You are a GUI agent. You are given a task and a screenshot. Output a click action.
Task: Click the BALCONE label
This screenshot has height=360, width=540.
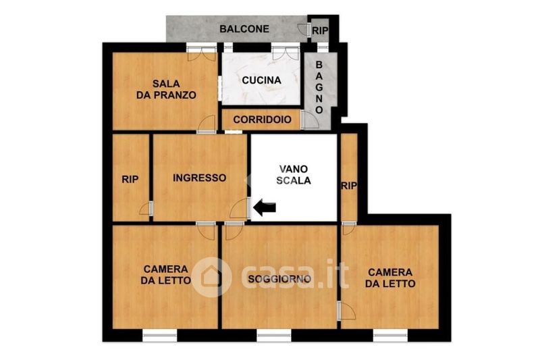(244, 29)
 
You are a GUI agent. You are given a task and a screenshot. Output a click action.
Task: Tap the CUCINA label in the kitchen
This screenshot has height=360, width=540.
(261, 80)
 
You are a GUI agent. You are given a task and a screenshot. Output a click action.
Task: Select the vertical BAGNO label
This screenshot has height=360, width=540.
(319, 88)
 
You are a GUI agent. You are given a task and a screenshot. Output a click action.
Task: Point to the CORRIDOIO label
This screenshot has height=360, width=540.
(262, 120)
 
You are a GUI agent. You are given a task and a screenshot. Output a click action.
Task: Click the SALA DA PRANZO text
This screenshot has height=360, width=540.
(166, 89)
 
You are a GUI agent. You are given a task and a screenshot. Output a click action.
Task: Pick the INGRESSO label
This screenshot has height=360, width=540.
(199, 178)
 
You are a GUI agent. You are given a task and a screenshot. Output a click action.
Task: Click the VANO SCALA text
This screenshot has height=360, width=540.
(294, 175)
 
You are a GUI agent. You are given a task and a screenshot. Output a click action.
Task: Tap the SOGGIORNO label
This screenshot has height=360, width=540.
(279, 279)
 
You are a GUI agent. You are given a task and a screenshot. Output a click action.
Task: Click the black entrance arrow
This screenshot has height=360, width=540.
(265, 207)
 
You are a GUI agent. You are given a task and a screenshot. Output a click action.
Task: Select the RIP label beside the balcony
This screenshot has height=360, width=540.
(320, 30)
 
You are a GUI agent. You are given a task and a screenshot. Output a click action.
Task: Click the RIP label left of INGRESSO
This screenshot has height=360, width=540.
(130, 179)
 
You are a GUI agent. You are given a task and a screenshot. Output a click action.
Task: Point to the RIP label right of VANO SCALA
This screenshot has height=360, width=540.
(349, 186)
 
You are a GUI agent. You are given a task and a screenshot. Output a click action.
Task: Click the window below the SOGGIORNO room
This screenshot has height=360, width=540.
(274, 335)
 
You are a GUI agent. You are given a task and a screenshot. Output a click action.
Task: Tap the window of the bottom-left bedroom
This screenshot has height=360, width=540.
(160, 335)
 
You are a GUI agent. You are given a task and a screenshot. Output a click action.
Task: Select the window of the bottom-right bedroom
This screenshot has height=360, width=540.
(390, 335)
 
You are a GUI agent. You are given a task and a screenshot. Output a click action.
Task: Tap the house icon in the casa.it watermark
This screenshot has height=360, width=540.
(211, 277)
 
